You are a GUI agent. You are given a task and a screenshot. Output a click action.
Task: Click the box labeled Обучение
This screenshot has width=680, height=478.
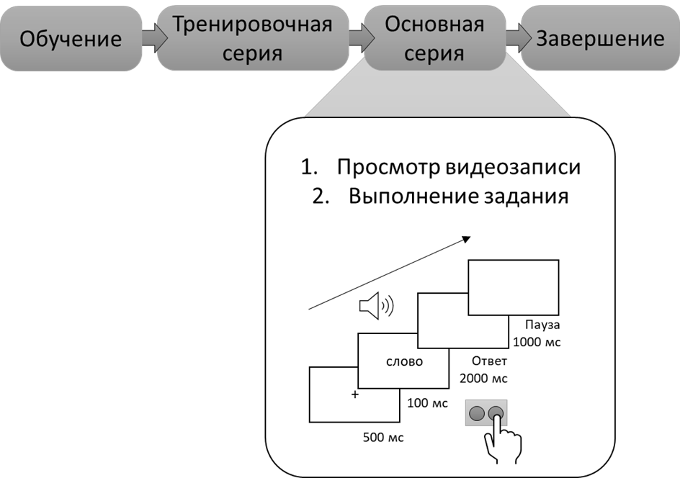click(71, 38)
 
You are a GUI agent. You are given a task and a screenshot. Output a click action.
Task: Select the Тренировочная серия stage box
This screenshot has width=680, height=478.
click(251, 38)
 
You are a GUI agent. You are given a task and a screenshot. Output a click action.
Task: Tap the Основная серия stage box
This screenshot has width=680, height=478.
click(434, 38)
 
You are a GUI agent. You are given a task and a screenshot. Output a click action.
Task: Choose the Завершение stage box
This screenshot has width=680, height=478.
click(601, 38)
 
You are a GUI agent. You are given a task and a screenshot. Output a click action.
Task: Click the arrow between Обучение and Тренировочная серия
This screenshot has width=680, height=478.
click(149, 37)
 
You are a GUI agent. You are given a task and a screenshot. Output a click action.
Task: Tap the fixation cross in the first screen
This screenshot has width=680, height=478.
click(354, 394)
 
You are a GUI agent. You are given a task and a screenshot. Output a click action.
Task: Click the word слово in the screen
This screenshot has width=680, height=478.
click(403, 361)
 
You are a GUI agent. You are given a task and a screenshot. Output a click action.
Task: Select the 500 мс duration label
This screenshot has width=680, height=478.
click(383, 438)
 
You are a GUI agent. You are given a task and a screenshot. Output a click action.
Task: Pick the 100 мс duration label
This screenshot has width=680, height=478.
click(428, 403)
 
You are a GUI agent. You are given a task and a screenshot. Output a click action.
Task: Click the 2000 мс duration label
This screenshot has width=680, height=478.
click(482, 378)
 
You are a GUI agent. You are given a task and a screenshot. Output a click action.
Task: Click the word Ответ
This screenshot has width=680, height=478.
click(490, 361)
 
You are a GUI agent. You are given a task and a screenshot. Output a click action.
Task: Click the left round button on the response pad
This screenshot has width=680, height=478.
click(476, 413)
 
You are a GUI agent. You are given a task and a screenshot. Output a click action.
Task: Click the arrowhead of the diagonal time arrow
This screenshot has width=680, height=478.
click(467, 240)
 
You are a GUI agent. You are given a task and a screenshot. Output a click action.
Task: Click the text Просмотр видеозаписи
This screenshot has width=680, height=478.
click(458, 167)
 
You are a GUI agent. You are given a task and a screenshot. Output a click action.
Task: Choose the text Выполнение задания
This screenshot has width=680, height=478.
click(458, 196)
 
